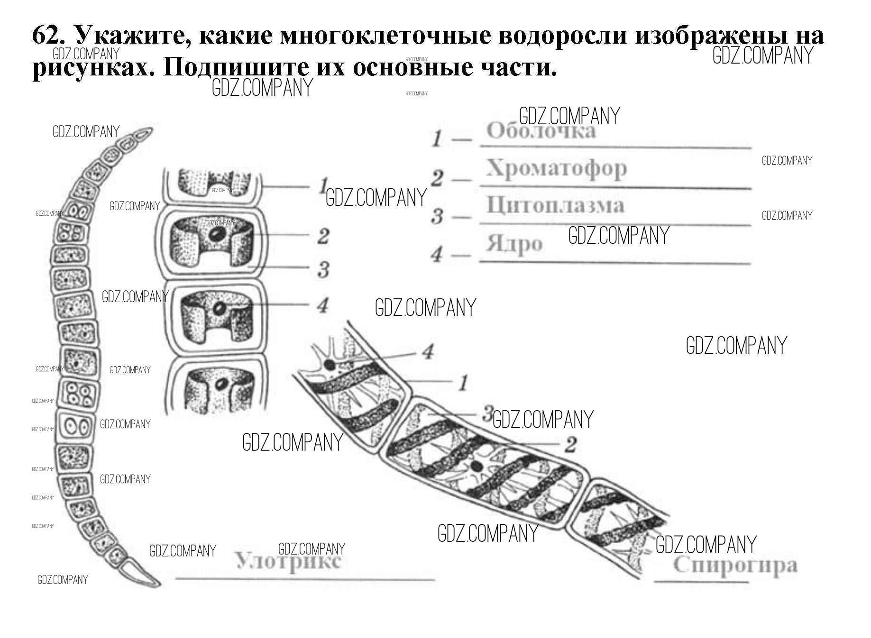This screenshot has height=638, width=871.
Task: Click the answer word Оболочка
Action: (541, 131)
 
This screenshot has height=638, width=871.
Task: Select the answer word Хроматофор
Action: (556, 168)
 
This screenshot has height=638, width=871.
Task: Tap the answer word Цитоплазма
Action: (555, 205)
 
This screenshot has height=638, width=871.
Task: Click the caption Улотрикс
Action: (288, 562)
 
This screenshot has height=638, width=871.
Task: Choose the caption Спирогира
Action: (735, 565)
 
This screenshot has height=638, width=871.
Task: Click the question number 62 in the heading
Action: (45, 36)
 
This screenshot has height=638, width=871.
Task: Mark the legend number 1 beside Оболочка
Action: (437, 139)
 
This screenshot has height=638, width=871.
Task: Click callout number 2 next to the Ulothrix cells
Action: (323, 236)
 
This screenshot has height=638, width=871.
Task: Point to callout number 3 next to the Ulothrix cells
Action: (323, 269)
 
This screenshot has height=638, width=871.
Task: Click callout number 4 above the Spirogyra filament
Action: (428, 352)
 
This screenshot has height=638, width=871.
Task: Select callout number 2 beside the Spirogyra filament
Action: (570, 444)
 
